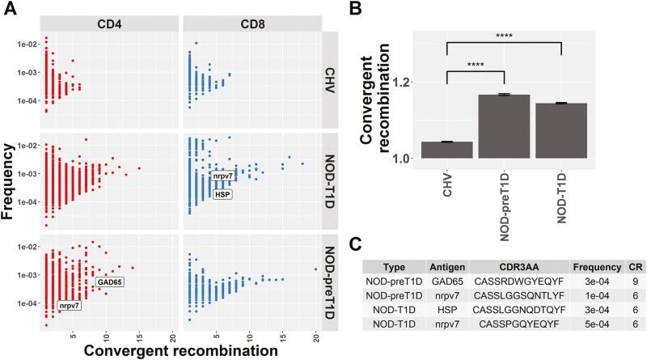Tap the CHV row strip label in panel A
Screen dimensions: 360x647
tap(333, 79)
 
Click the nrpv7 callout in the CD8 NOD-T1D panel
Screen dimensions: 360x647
tap(226, 176)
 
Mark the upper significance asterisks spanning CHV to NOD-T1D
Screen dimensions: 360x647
tap(503, 36)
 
